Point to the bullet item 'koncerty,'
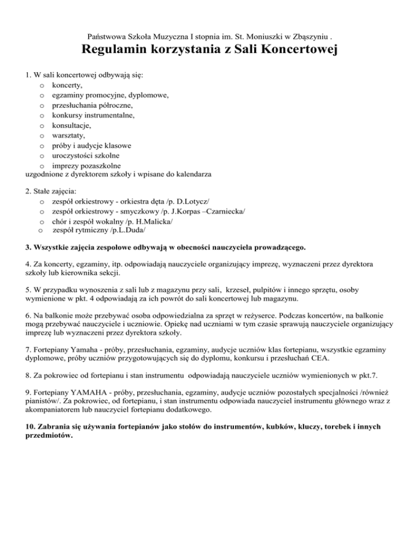click(68, 85)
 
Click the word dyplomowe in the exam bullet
click(148, 95)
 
